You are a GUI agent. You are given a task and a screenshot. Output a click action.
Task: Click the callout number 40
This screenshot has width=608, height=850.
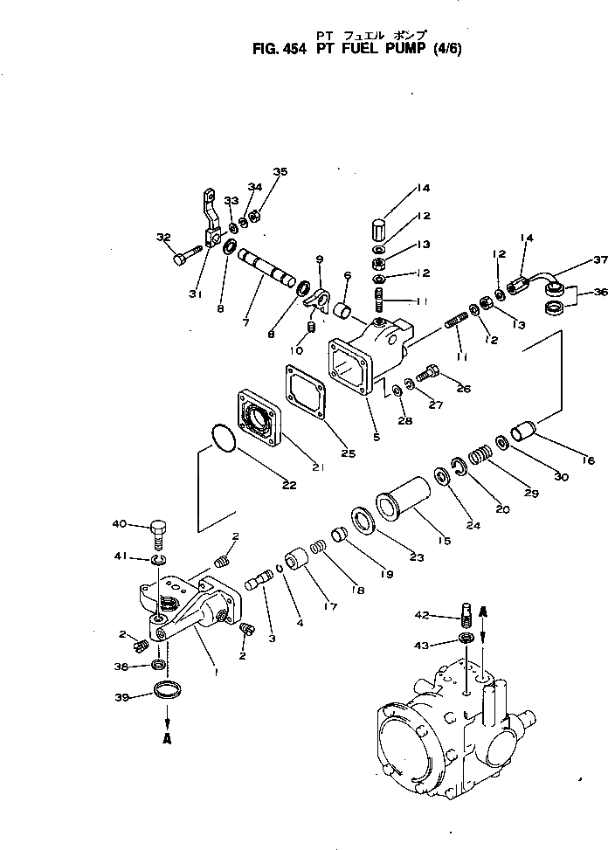120,524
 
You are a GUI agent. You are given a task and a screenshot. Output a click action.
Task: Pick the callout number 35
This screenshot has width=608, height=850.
279,171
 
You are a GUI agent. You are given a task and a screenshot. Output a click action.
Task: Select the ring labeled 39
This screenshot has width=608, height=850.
167,691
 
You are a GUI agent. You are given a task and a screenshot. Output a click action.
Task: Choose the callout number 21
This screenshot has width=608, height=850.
318,467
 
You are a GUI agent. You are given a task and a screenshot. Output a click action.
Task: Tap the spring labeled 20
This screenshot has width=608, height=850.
480,456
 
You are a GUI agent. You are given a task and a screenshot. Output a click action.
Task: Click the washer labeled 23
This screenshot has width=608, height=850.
363,522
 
